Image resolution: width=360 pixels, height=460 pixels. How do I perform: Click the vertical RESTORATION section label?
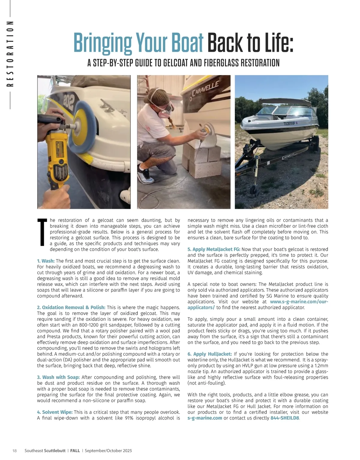[10, 54]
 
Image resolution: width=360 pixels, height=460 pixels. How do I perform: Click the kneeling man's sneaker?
[146, 177]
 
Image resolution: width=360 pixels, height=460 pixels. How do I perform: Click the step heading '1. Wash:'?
[46, 261]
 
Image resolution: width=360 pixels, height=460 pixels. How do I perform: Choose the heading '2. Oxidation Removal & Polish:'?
[71, 307]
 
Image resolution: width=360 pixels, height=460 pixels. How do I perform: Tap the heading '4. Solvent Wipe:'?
[55, 412]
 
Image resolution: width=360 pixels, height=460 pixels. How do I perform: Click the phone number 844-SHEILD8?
[285, 418]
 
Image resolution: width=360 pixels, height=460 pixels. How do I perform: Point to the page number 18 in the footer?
[14, 450]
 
